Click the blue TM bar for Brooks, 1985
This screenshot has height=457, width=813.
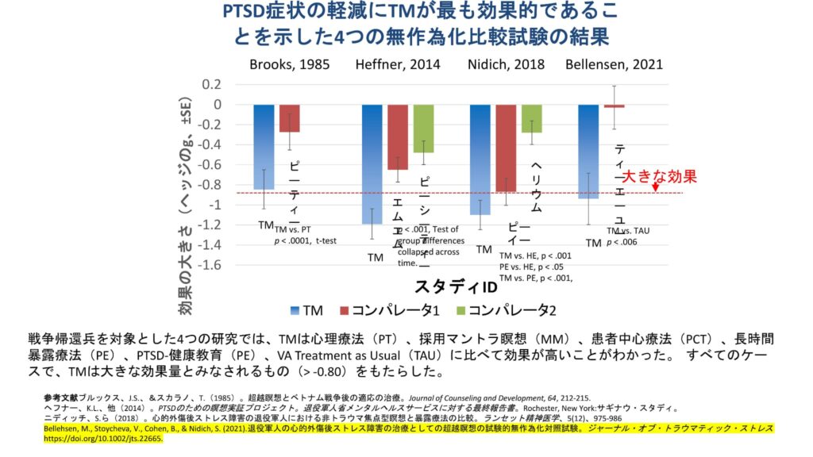tap(264, 147)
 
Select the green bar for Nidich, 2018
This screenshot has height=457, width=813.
tap(531, 118)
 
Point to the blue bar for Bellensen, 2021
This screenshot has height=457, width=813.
tap(588, 151)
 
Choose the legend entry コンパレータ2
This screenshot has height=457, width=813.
tap(500, 309)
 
